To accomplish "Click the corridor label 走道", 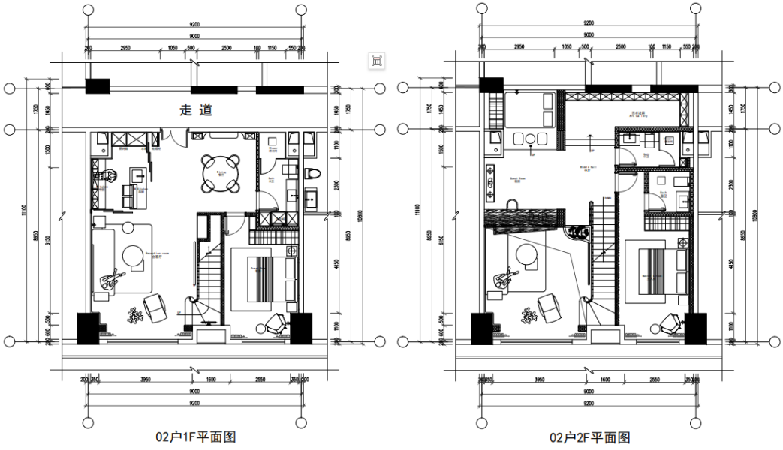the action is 195,110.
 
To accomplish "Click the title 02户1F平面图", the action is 194,437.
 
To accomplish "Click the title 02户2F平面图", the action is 589,437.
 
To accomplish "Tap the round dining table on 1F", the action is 221,172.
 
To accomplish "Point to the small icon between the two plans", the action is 376,61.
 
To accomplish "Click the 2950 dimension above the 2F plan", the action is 519,47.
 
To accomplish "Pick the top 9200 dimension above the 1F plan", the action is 194,25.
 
